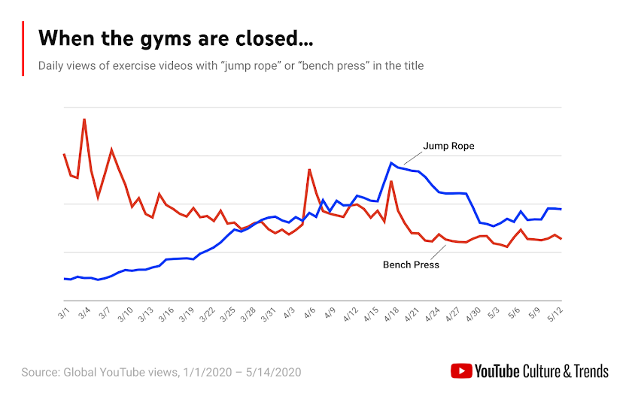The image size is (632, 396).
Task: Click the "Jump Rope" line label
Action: point(448,146)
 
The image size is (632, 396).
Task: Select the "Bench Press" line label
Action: point(411,265)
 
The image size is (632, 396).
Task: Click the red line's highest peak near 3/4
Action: point(84,119)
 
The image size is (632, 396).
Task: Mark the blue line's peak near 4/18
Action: point(391,163)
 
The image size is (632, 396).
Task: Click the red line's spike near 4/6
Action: point(309,170)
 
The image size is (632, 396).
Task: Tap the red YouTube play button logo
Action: point(460,370)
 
